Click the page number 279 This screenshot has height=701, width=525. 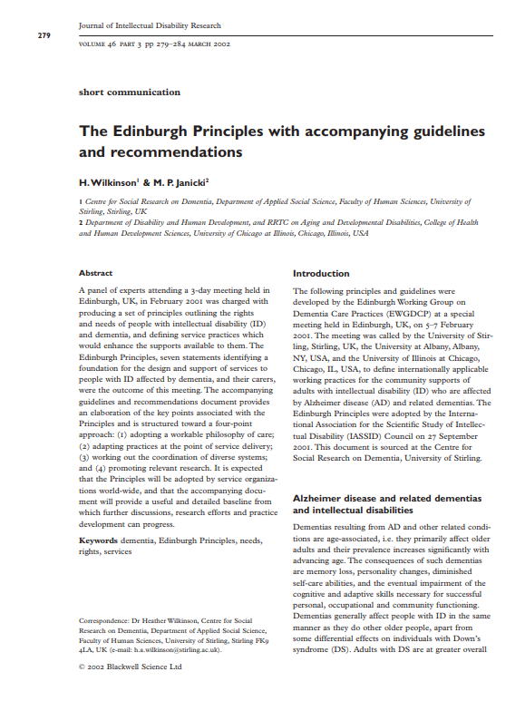[43, 34]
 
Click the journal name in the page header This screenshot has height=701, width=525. [150, 26]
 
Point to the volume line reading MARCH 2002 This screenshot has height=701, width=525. [209, 44]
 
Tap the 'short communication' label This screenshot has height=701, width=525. [130, 92]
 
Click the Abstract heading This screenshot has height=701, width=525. [96, 273]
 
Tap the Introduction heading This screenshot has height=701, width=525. [321, 273]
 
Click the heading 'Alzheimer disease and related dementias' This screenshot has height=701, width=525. [387, 499]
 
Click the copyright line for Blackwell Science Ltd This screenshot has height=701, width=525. [131, 667]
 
